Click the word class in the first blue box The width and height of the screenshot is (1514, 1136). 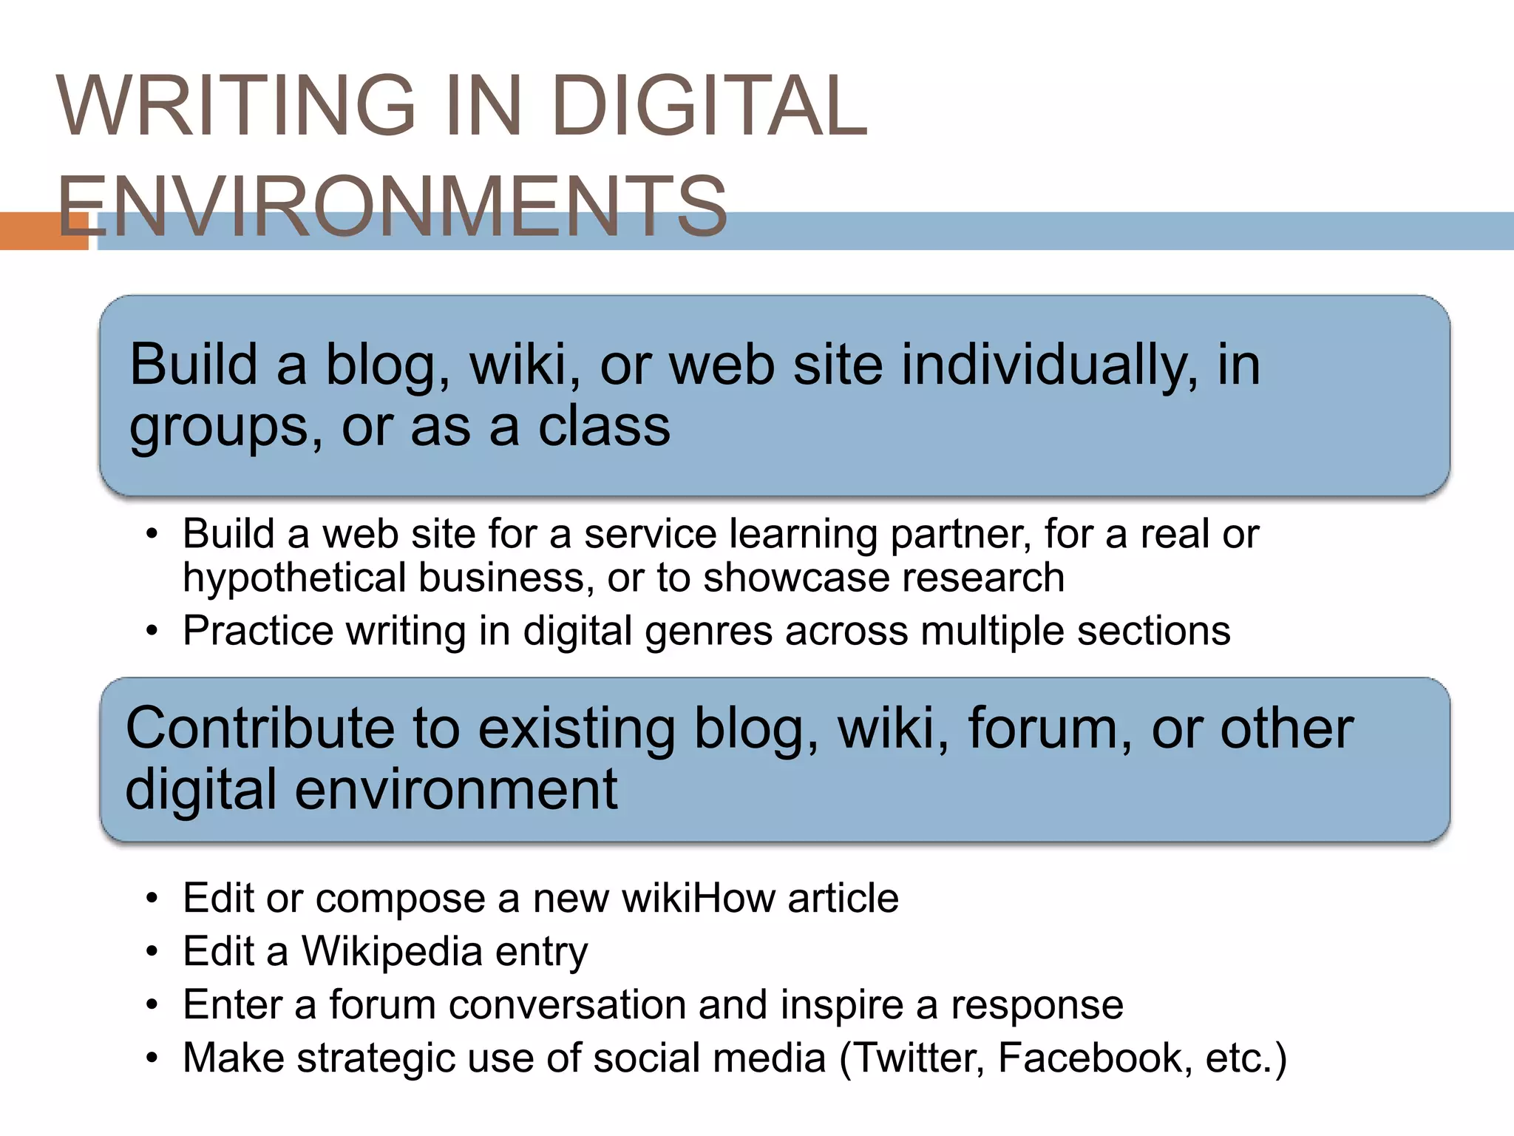coord(604,427)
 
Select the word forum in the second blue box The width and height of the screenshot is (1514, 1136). coord(1050,728)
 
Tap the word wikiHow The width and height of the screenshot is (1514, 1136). coord(698,899)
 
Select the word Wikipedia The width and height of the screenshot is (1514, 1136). coord(393,952)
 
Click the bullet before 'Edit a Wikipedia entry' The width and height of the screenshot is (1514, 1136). coord(152,953)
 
